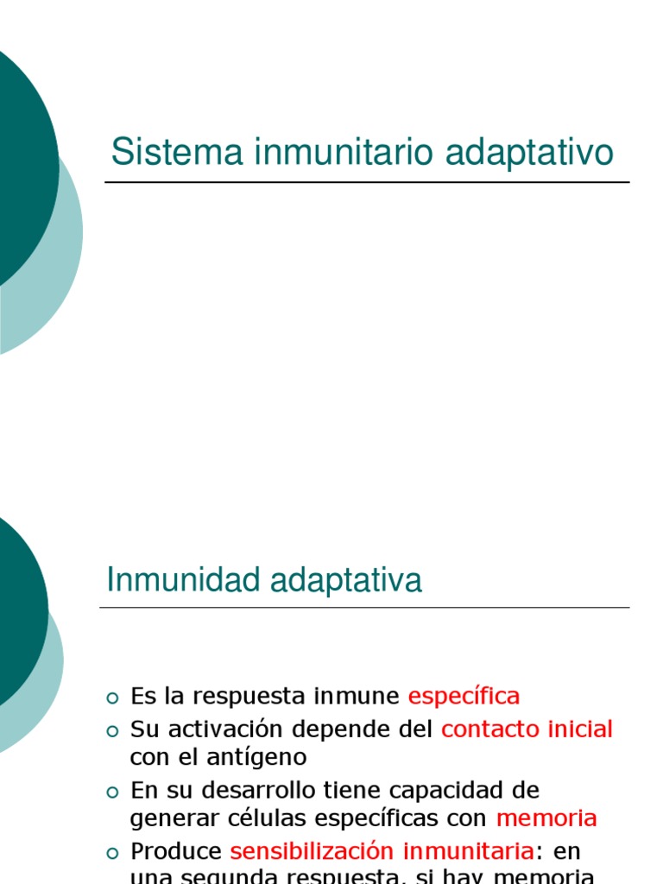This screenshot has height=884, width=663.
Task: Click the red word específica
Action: (x=464, y=696)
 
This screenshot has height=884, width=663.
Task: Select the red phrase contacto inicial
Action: (x=527, y=729)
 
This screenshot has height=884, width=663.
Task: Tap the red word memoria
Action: (x=546, y=818)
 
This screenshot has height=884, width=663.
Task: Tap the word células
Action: (x=251, y=818)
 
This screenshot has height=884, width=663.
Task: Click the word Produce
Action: (x=176, y=851)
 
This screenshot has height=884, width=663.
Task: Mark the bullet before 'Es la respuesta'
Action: (x=111, y=698)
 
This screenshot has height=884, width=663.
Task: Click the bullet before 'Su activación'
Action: (x=111, y=731)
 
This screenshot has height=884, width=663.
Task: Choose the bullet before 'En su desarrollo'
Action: (x=111, y=792)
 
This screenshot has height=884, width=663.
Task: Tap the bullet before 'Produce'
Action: (x=111, y=853)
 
